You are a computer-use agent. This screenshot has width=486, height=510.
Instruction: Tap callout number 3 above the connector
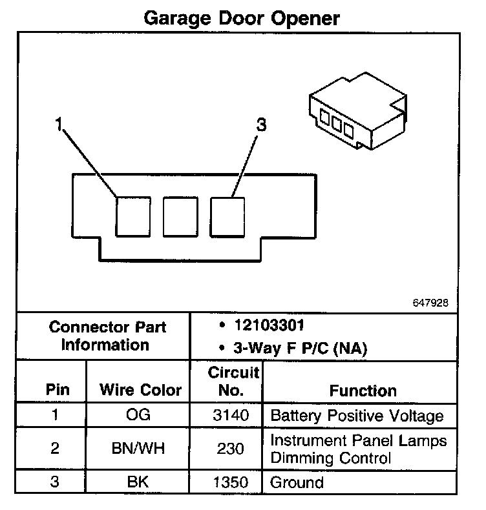261,125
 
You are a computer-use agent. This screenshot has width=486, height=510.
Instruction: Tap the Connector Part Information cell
107,336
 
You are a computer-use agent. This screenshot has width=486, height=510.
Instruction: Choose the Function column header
363,391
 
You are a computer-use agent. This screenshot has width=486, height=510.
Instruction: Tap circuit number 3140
230,415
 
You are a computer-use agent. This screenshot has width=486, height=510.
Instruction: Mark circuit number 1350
230,482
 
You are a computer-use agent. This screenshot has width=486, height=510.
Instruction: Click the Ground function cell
297,482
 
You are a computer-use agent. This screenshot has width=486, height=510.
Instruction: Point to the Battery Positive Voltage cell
357,415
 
